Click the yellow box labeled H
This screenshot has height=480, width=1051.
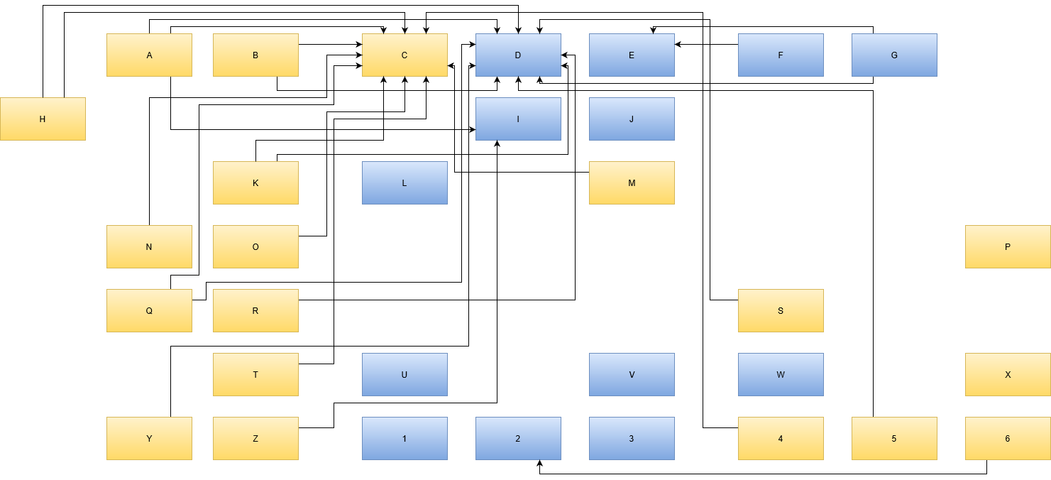43,119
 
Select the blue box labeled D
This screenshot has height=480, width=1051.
518,55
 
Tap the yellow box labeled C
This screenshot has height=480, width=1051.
405,55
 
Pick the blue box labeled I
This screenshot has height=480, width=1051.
518,119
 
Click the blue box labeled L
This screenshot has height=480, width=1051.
405,182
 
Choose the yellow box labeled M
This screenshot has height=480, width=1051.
632,182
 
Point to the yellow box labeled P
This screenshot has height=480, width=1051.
1008,246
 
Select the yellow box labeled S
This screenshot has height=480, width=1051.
781,310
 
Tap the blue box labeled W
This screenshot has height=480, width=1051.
781,374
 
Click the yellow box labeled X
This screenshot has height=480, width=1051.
1008,374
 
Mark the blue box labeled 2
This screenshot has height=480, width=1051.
518,438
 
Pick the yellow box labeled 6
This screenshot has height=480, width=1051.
1008,438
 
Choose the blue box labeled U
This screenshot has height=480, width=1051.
405,374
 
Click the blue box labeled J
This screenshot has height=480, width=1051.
632,119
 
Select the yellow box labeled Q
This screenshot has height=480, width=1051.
149,310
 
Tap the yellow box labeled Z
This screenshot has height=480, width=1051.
255,438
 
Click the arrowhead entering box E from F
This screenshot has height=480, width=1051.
678,44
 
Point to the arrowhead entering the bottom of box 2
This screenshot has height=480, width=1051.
539,464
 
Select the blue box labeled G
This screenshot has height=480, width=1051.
894,55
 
